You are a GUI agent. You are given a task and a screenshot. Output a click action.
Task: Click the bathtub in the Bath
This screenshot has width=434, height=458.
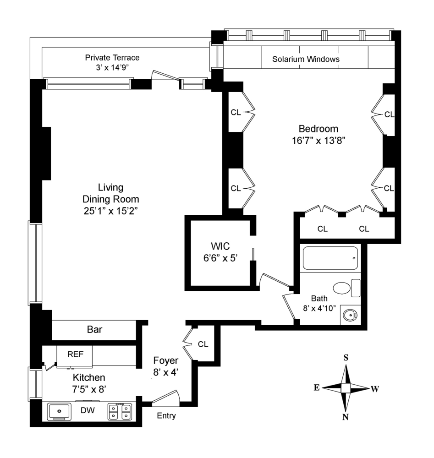tap(330, 259)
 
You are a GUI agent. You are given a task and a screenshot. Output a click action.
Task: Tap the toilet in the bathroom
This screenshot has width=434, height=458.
tap(346, 288)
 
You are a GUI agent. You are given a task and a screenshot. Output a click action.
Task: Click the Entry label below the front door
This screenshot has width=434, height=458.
tap(166, 416)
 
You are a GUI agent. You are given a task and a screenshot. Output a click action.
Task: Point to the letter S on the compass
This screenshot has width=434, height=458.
tap(346, 358)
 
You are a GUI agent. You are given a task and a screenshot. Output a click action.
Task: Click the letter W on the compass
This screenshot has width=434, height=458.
tap(374, 389)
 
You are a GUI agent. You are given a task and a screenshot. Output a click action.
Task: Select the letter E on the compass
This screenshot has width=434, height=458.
tap(316, 388)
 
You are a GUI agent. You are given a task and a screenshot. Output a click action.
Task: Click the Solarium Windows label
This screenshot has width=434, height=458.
tap(306, 60)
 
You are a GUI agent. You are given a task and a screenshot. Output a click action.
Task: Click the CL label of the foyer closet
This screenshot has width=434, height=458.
tap(203, 344)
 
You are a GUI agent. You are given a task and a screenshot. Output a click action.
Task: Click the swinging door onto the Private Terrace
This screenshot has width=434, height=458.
tap(165, 76)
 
